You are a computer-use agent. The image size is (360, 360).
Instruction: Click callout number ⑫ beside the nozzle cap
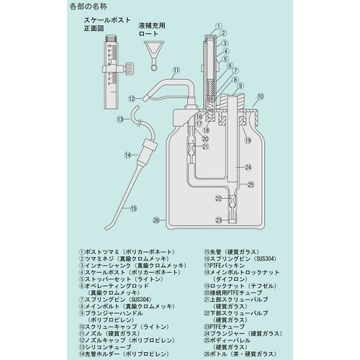132,97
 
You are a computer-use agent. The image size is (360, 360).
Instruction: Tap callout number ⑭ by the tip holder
127,154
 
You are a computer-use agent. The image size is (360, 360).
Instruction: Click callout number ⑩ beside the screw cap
260,95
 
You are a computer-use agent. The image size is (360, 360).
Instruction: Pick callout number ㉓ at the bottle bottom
217,220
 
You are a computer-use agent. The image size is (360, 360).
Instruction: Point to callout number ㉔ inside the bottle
248,168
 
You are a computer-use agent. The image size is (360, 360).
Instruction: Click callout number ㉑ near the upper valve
204,147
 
